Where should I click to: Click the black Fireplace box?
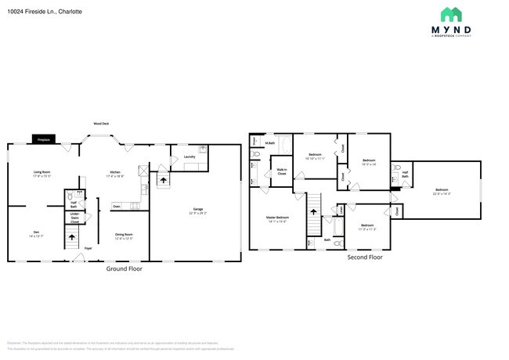coord(44,140)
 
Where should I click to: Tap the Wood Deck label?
coord(101,124)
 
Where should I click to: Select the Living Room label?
coord(42,173)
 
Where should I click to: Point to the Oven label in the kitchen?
coord(117,207)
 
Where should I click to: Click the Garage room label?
coord(199,211)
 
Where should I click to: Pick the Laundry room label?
coord(190,157)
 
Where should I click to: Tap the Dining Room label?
coord(124,236)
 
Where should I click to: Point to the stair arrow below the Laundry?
coord(164,180)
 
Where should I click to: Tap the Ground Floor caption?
coord(125,268)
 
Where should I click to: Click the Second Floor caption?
coord(365,257)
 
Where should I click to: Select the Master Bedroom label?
coord(276,219)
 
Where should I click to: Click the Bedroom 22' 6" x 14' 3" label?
coord(442,192)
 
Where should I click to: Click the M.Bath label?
coord(269,142)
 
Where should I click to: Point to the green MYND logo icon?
coord(450,14)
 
